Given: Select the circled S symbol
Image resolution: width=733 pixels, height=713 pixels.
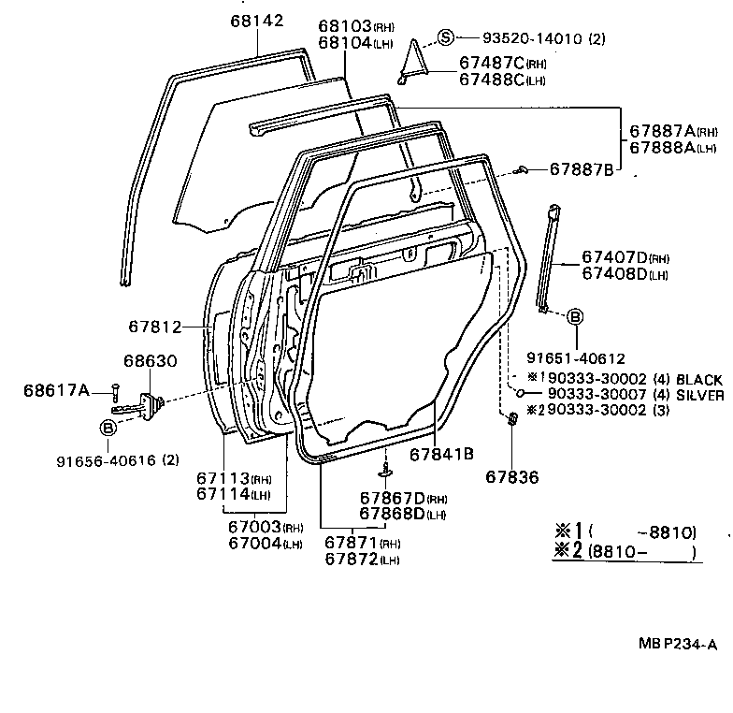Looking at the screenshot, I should point(446,37).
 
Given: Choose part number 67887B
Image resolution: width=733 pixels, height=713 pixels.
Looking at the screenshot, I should point(581,169).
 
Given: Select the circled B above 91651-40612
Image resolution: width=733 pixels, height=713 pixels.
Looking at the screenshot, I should point(574,317).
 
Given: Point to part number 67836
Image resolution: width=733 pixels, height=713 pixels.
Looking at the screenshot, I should point(511,476).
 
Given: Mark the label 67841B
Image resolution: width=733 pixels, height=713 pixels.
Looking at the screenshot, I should point(441,454).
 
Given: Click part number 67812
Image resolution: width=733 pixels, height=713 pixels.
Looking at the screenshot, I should point(154,327).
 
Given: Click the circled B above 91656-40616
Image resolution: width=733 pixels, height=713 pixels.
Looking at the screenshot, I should point(108,428).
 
